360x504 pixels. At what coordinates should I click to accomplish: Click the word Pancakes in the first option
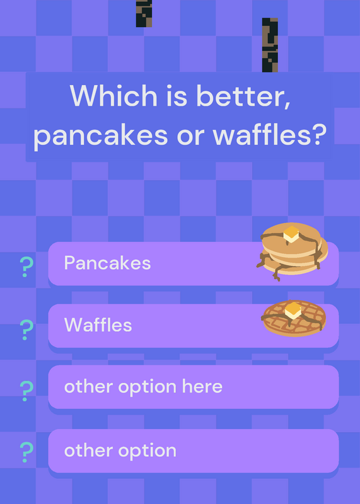(107, 263)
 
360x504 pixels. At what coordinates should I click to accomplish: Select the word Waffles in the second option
(98, 324)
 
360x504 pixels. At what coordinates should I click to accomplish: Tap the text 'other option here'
(143, 387)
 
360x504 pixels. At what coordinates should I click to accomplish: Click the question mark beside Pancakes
(26, 266)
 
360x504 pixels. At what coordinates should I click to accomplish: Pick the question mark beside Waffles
(26, 329)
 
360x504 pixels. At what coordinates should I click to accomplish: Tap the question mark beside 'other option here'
(26, 391)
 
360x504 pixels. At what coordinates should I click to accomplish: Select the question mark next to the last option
(26, 452)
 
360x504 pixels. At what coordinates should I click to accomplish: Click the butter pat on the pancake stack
(291, 234)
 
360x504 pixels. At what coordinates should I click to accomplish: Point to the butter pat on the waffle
(293, 311)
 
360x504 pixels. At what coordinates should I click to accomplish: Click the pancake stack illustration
(292, 251)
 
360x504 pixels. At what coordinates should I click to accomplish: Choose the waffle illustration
(293, 318)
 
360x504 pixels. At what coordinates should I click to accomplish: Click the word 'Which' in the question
(113, 96)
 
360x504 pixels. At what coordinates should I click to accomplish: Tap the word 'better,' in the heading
(243, 96)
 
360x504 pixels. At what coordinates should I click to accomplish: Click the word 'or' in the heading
(190, 137)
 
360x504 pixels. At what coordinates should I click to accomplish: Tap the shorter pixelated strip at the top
(144, 13)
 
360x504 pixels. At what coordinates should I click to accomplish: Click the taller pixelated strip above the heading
(270, 45)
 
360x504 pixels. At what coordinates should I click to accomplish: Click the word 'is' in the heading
(177, 96)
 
